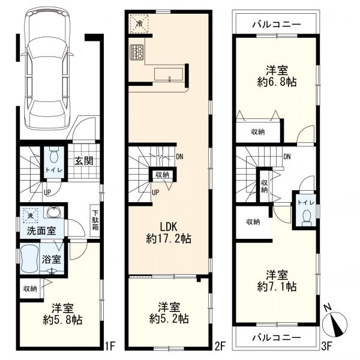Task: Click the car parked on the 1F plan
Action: click(47, 68)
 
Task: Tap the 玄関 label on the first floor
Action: click(84, 161)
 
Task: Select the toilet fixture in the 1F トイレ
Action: click(54, 154)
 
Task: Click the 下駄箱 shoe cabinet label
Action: click(95, 220)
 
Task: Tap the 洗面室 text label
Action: click(41, 231)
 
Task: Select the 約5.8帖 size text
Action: click(62, 320)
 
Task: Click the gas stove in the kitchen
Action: click(137, 52)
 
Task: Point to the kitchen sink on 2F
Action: click(169, 74)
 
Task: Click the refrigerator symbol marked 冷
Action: click(139, 23)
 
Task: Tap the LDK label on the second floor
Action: click(169, 227)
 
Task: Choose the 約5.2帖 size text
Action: click(169, 319)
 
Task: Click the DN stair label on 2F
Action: click(179, 157)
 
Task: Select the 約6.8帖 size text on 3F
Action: click(277, 82)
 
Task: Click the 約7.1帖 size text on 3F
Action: click(277, 286)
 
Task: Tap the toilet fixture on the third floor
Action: click(305, 217)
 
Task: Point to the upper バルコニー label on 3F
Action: click(277, 24)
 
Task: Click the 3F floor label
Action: click(326, 346)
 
